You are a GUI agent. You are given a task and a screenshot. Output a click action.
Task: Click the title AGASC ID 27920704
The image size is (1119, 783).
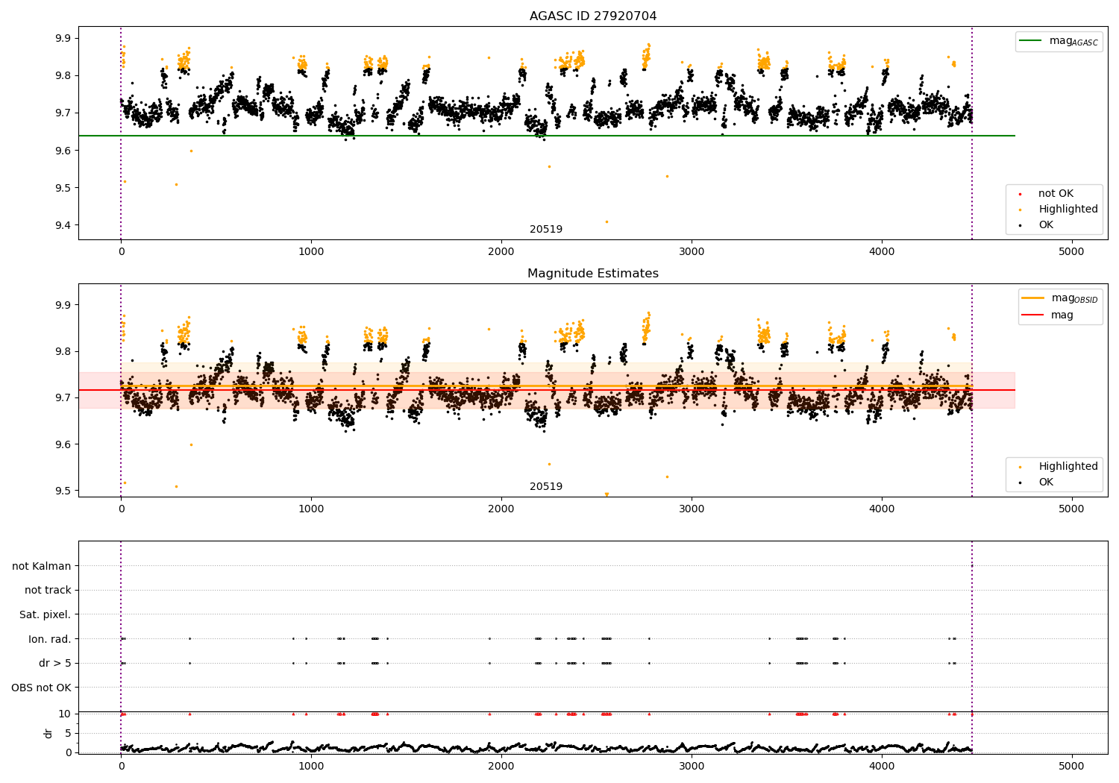(x=593, y=16)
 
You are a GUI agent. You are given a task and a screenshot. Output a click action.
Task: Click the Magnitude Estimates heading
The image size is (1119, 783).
(x=593, y=273)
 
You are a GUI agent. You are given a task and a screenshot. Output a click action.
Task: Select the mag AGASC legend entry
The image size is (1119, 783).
(x=1059, y=42)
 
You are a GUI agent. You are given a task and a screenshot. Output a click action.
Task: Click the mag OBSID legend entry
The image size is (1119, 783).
(x=1060, y=298)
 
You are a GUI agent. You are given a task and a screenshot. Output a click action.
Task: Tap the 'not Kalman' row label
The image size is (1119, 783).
(x=42, y=566)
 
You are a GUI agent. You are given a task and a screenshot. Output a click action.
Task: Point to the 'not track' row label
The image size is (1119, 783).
(x=48, y=590)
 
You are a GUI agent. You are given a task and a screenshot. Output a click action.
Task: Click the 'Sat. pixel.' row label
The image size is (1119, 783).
(x=45, y=614)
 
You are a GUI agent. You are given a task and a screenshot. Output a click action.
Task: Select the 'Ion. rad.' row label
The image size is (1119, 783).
(x=49, y=638)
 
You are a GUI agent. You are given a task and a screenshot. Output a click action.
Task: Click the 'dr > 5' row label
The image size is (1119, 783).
(x=55, y=663)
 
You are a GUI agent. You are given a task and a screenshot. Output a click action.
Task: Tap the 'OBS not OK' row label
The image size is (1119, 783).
(x=41, y=688)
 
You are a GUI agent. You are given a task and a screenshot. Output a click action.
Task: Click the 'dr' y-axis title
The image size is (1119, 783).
(x=48, y=733)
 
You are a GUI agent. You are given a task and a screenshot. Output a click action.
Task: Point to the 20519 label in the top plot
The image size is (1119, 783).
(x=546, y=229)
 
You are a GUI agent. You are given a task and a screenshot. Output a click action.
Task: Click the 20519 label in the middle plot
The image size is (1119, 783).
(x=546, y=486)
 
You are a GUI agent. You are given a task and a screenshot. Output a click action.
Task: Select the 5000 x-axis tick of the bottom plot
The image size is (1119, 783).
(x=1071, y=767)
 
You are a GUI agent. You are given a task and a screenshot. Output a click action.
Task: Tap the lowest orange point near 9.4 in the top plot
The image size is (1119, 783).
(x=607, y=221)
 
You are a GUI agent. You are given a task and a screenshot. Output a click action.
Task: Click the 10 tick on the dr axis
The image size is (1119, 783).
(x=64, y=714)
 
